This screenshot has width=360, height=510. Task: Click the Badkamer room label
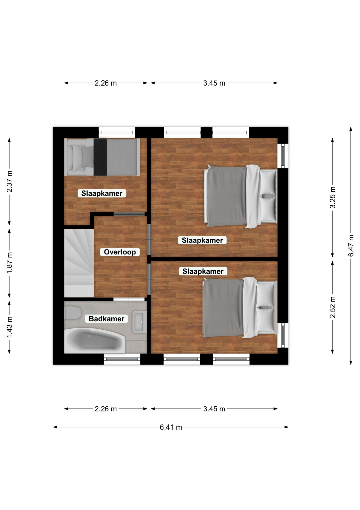pyautogui.click(x=106, y=319)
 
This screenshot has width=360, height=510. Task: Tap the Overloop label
pyautogui.click(x=120, y=252)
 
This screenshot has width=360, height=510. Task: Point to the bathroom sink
pyautogui.click(x=140, y=322)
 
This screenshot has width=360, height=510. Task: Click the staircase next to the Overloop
pyautogui.click(x=79, y=263)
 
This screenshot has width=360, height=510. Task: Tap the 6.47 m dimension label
pyautogui.click(x=351, y=246)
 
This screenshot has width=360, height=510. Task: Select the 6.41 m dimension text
pyautogui.click(x=171, y=427)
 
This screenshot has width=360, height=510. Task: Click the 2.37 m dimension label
pyautogui.click(x=10, y=181)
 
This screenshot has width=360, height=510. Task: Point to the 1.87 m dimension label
pyautogui.click(x=10, y=263)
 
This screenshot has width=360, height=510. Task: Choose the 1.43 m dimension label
pyautogui.click(x=10, y=327)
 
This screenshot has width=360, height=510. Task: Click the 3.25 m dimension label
pyautogui.click(x=333, y=197)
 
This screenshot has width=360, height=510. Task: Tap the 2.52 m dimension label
pyautogui.click(x=333, y=307)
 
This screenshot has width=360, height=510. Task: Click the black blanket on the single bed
pyautogui.click(x=100, y=157)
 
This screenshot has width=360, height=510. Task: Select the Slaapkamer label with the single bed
pyautogui.click(x=102, y=193)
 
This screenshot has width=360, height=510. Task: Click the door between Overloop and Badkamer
pyautogui.click(x=129, y=299)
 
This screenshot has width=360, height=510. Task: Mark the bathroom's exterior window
pyautogui.click(x=122, y=359)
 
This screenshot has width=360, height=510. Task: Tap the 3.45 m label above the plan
pyautogui.click(x=214, y=83)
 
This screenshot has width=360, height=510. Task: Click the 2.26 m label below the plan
pyautogui.click(x=106, y=409)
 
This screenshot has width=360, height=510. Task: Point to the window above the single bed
pyautogui.click(x=117, y=132)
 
